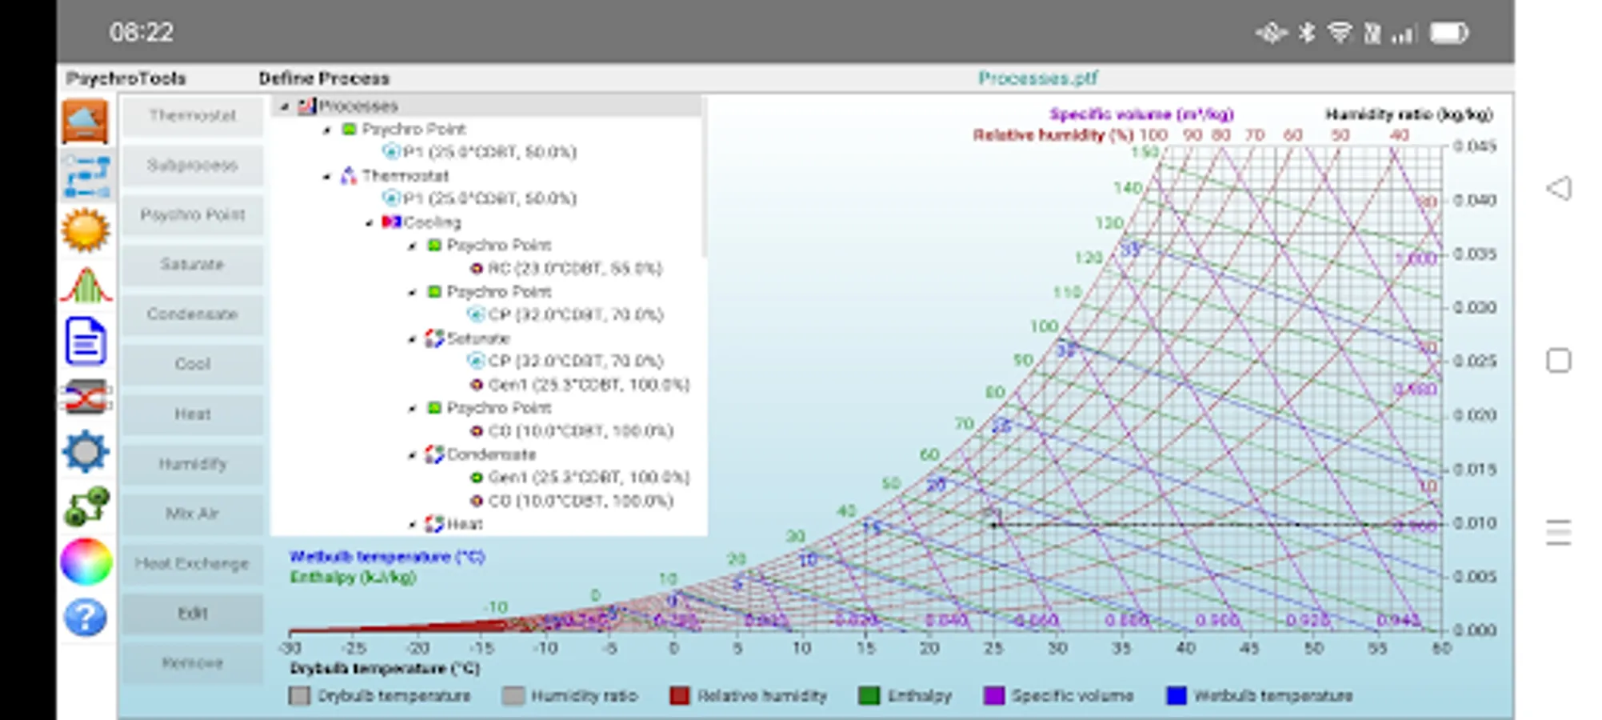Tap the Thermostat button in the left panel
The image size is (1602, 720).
pos(192,116)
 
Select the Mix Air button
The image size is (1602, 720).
pos(192,514)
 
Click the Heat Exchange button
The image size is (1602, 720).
pos(192,563)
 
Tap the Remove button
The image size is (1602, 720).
pos(192,662)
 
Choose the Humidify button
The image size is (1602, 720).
pos(192,464)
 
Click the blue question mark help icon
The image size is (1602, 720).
pos(85,618)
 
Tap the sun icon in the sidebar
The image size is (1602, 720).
pos(85,230)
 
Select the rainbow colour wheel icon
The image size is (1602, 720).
pos(85,562)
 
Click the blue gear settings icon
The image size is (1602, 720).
pos(85,451)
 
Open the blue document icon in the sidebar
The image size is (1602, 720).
pos(85,341)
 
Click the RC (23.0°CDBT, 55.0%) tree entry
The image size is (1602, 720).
pos(574,268)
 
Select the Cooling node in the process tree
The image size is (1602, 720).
pos(432,222)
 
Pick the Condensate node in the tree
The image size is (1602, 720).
pos(490,454)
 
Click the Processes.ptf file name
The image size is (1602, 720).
pos(1037,78)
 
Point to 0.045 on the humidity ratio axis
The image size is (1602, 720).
pos(1474,146)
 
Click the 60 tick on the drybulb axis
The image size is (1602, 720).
pos(1441,648)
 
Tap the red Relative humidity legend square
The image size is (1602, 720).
pos(679,696)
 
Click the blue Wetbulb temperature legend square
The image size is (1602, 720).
pos(1176,696)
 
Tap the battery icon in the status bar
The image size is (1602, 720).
pos(1449,33)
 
